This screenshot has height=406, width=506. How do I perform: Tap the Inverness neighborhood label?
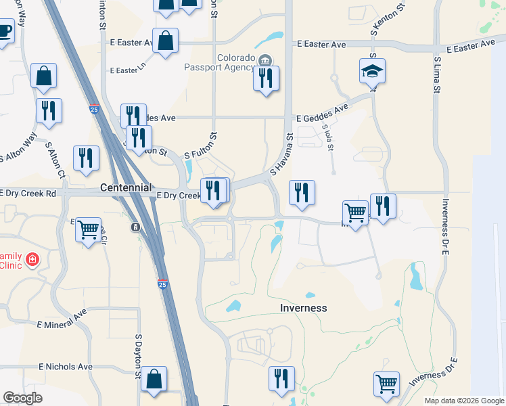(303, 308)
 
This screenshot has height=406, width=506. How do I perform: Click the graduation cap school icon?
(372, 71)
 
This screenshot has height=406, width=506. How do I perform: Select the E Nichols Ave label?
(66, 367)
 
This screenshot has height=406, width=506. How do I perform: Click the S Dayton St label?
(139, 355)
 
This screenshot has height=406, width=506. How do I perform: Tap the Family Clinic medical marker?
(32, 260)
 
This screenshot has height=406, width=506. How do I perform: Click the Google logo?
(23, 397)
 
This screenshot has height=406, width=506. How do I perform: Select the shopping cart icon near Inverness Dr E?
(386, 383)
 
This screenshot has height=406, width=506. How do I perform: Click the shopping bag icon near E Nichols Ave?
(154, 381)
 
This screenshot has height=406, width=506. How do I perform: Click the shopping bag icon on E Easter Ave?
(165, 42)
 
